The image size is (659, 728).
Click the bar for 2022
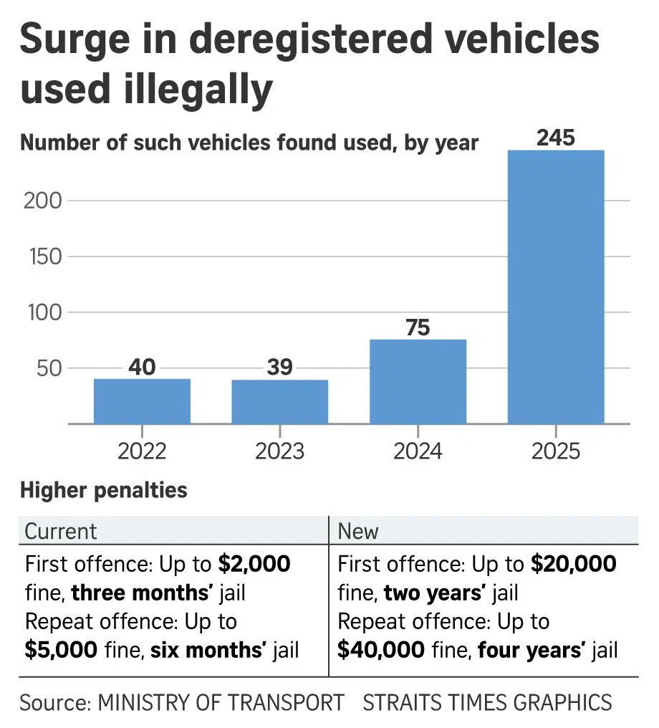tap(142, 401)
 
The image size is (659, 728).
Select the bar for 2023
tap(279, 402)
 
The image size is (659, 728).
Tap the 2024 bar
tap(418, 382)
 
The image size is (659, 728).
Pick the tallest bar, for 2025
tap(556, 287)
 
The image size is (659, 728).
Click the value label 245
tap(556, 137)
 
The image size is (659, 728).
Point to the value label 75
tap(418, 327)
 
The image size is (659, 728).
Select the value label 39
tap(279, 367)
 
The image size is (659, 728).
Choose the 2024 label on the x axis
tap(418, 451)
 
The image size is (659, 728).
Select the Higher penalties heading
tap(104, 491)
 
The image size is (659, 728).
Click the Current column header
tap(61, 531)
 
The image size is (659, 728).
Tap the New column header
tap(358, 531)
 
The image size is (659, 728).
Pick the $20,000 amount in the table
tap(573, 564)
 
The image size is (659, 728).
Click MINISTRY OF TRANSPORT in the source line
tap(221, 702)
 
